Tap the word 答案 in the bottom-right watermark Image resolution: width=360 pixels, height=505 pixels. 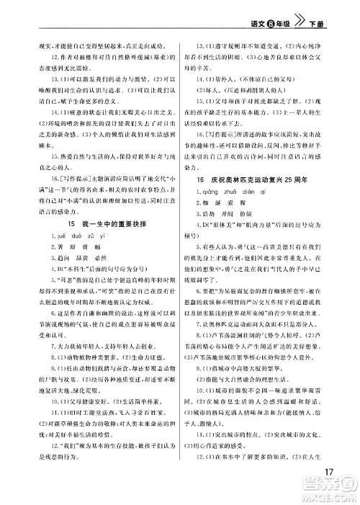click(x=327, y=487)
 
